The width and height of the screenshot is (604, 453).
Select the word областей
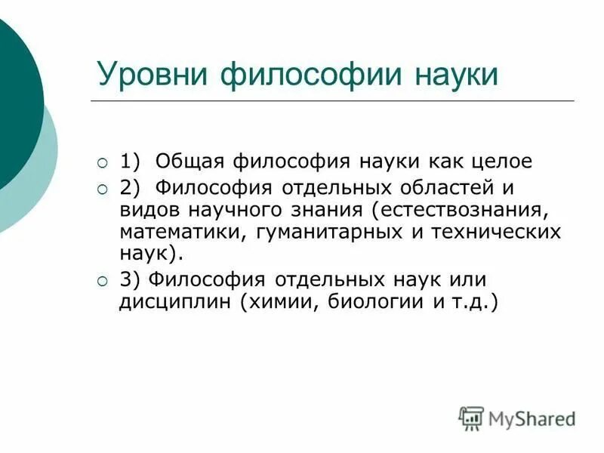pyautogui.click(x=433, y=186)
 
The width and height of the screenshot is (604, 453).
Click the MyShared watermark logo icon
pyautogui.click(x=471, y=417)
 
